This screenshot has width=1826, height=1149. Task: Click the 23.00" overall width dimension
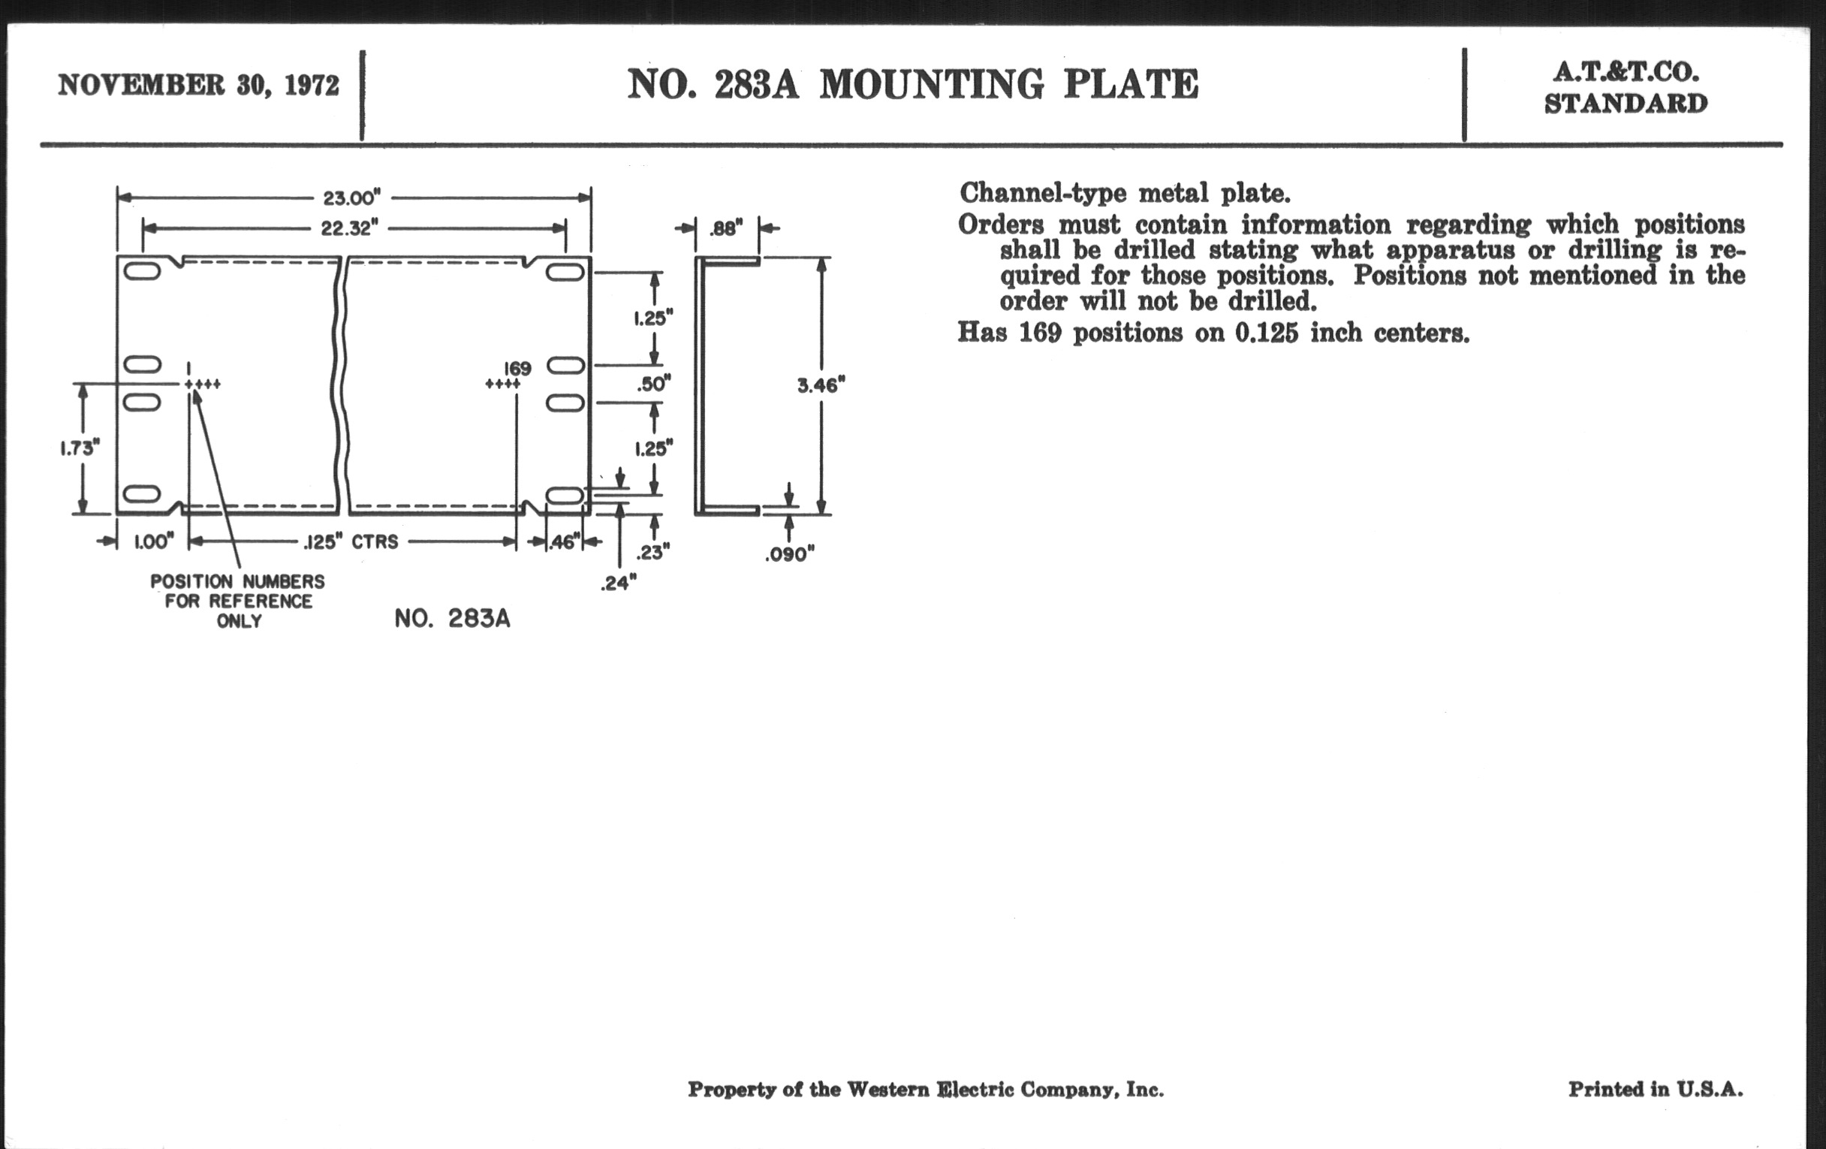tap(351, 198)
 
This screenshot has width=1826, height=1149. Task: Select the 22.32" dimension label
tap(349, 228)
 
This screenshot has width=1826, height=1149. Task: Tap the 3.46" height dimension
tap(821, 385)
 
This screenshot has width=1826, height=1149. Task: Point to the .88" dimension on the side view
tap(726, 228)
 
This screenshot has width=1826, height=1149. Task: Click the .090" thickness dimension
tap(789, 554)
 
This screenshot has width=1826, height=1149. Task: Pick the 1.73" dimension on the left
tap(80, 448)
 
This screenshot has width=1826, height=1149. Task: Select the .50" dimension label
tap(654, 384)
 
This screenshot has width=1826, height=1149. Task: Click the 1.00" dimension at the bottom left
tap(154, 541)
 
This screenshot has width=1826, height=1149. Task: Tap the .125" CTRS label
tap(351, 541)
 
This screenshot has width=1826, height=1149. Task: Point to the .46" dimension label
tap(563, 541)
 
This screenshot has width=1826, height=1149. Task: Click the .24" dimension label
tap(618, 583)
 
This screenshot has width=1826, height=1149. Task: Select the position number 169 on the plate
tap(517, 369)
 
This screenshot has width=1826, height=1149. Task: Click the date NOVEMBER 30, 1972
tap(199, 85)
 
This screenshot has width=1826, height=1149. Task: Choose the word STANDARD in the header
tap(1626, 103)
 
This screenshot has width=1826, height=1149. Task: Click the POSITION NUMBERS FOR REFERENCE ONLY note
tap(237, 601)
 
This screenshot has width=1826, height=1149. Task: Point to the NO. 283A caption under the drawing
tap(452, 619)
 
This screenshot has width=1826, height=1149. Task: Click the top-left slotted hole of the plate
tap(142, 272)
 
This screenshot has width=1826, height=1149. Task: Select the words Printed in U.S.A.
tap(1656, 1089)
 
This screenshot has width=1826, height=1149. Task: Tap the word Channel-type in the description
tap(1043, 194)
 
